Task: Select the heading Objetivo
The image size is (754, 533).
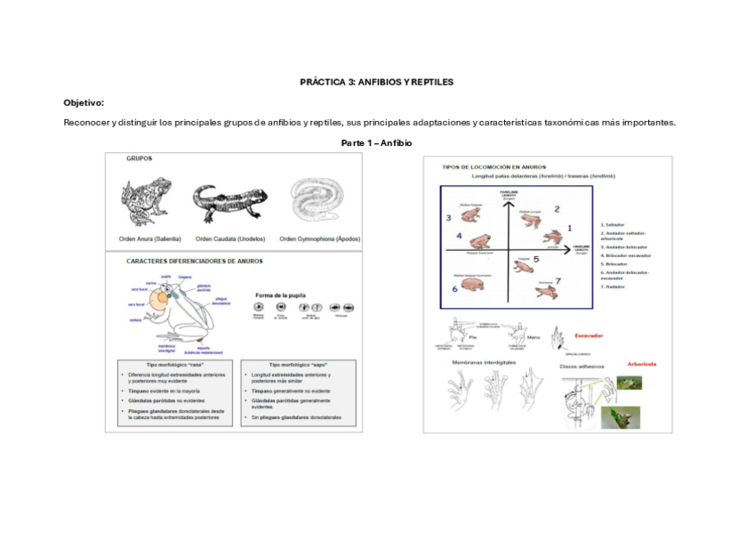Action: pos(84,102)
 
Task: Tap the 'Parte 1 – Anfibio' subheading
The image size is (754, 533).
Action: pos(376,142)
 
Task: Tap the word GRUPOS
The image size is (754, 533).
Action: pos(139,158)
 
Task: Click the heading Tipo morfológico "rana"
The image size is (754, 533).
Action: pos(172,365)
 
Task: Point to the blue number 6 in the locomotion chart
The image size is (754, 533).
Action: pos(454,288)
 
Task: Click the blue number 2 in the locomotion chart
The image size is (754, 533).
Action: pos(557,210)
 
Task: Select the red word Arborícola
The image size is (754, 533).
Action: pos(641,364)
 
